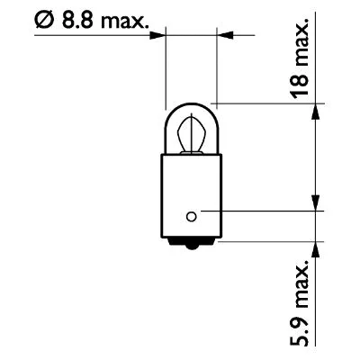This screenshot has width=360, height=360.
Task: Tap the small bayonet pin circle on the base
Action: pyautogui.click(x=190, y=214)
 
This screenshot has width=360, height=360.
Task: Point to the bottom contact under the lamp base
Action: pyautogui.click(x=189, y=246)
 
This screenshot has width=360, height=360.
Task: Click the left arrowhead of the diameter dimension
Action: pyautogui.click(x=160, y=35)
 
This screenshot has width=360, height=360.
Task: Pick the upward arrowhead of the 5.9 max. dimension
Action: pyautogui.click(x=314, y=246)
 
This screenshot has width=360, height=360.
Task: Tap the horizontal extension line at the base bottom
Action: pyautogui.click(x=270, y=239)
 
